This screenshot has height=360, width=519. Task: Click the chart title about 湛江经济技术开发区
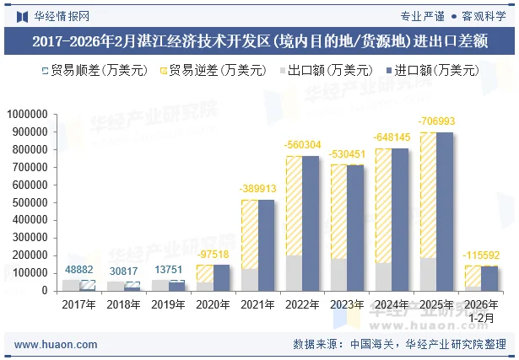click(259, 40)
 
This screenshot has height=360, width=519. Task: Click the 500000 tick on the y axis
click(30, 203)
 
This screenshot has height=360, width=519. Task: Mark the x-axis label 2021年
click(257, 304)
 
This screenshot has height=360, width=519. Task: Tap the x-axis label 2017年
click(78, 304)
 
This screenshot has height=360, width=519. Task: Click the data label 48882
click(79, 270)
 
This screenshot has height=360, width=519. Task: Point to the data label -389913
click(257, 189)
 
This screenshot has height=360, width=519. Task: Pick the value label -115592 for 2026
click(481, 255)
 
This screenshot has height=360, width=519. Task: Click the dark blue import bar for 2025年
click(445, 211)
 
